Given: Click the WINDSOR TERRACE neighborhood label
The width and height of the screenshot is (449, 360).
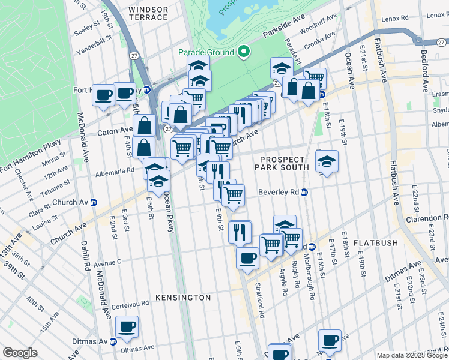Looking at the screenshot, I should click(148, 14).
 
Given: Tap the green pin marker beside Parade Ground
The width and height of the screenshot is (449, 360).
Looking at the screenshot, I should click(243, 52).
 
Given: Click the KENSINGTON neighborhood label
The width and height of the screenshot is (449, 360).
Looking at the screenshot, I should click(183, 298).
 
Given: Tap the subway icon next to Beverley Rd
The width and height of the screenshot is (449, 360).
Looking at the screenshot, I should click(304, 193).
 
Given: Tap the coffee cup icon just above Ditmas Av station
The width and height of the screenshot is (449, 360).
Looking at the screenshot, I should click(127, 327).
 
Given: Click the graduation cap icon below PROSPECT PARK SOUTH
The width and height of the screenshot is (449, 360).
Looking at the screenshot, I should click(327, 161).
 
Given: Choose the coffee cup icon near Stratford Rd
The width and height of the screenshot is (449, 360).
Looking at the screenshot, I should click(247, 259).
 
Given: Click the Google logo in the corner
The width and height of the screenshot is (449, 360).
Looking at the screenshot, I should click(20, 353).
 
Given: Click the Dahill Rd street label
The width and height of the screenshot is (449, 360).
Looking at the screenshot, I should click(86, 256).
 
